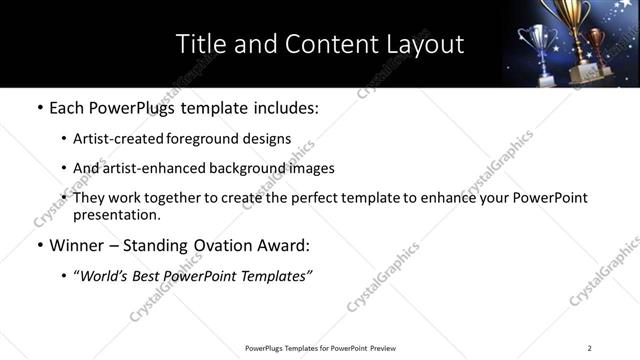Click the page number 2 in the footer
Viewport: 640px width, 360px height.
tap(590, 348)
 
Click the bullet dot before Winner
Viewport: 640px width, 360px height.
tap(39, 246)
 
